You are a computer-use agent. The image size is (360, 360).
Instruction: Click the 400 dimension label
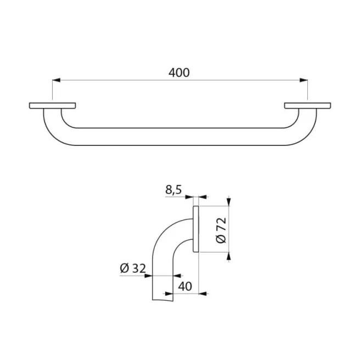pyautogui.click(x=179, y=72)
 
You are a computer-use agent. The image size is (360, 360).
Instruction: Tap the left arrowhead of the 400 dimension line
pyautogui.click(x=55, y=81)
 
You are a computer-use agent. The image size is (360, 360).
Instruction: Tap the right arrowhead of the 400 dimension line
pyautogui.click(x=303, y=81)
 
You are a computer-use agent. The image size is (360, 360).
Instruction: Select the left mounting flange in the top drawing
pyautogui.click(x=52, y=105)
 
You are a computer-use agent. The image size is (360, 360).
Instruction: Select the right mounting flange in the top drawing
pyautogui.click(x=308, y=105)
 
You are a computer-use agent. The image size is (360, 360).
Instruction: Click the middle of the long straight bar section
pyautogui.click(x=179, y=137)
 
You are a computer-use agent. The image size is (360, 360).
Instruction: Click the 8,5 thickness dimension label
pyautogui.click(x=173, y=191)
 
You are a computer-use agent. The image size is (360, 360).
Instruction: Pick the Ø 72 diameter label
pyautogui.click(x=221, y=230)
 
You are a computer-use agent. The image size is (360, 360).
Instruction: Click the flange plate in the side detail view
pyautogui.click(x=196, y=229)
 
